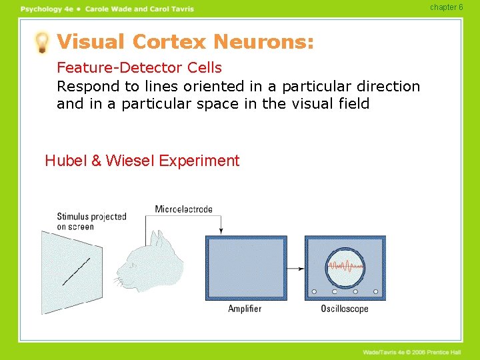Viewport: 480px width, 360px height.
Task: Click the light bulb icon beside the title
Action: (x=43, y=42)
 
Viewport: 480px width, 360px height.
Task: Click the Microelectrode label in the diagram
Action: (x=183, y=209)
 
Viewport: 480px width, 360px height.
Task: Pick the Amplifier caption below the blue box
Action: (x=245, y=309)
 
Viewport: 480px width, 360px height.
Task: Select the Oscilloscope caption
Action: (x=345, y=309)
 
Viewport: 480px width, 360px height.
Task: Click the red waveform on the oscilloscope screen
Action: (x=345, y=267)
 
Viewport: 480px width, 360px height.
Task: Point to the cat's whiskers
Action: (x=119, y=283)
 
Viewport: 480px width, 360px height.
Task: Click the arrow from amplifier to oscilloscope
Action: (x=295, y=269)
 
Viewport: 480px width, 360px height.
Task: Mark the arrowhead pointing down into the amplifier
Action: (x=221, y=231)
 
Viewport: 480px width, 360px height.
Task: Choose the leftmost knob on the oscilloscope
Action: (x=314, y=291)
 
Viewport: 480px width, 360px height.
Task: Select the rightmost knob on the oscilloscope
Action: (x=376, y=291)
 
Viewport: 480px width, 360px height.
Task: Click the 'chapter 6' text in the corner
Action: (x=446, y=7)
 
